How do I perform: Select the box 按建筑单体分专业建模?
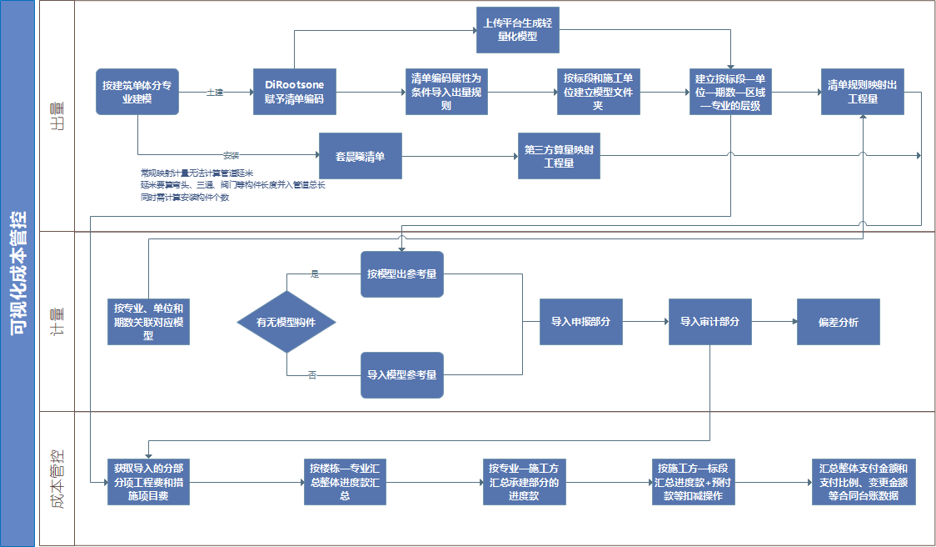[137, 92]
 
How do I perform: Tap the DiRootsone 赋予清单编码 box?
[294, 92]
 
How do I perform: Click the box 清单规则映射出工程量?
[862, 92]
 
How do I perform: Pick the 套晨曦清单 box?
[360, 156]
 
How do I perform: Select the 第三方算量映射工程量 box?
[559, 156]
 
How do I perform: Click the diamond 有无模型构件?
[286, 322]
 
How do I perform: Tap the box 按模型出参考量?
[402, 273]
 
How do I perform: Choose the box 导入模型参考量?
[402, 375]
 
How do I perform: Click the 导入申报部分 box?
[580, 322]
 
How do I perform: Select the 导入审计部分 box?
[709, 322]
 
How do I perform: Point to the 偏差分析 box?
[838, 322]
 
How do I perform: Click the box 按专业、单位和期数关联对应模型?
[149, 322]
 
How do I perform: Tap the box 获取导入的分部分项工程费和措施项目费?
[149, 482]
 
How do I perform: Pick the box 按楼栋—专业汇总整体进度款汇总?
[345, 482]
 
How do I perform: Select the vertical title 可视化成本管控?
[17, 273]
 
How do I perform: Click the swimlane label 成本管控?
[57, 479]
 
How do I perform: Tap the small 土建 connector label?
[215, 92]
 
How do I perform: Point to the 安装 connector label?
[232, 155]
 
